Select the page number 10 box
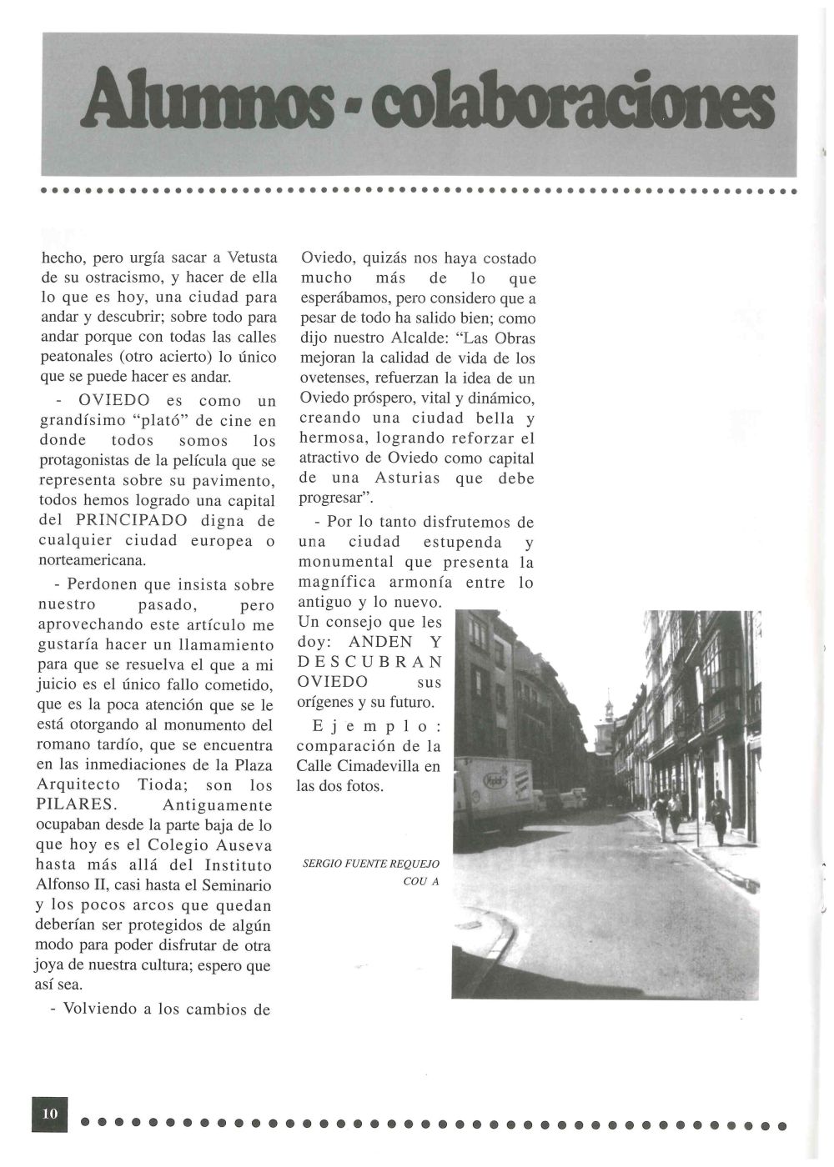(49, 1114)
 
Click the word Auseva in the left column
(244, 845)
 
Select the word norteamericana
(93, 561)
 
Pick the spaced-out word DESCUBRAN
(369, 662)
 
